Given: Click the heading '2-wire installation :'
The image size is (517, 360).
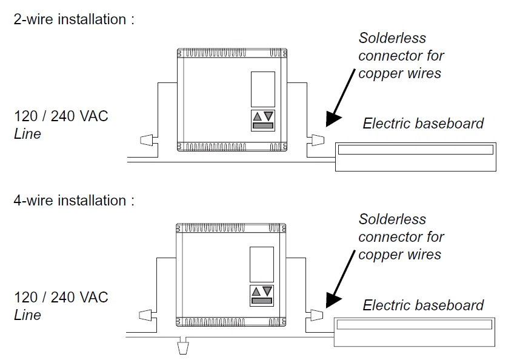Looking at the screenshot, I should [73, 19].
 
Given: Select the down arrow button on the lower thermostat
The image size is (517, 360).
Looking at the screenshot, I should [268, 291].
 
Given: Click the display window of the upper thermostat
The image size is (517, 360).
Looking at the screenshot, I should [262, 89].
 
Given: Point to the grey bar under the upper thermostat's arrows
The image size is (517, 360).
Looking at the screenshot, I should [262, 126].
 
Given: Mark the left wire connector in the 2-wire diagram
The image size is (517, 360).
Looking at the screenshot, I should [147, 141].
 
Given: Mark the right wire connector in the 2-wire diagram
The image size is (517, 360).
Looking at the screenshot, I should [316, 141].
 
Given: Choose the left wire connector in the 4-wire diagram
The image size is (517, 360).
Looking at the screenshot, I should [146, 315].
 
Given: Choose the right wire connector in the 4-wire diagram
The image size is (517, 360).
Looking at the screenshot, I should [316, 315].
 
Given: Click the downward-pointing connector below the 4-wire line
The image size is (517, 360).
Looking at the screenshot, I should [182, 348].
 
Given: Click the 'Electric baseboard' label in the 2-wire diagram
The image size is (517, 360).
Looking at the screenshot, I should [423, 124].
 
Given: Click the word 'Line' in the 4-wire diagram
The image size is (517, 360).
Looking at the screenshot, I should [27, 315].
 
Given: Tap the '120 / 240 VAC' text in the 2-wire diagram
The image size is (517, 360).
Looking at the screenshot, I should [61, 116].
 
